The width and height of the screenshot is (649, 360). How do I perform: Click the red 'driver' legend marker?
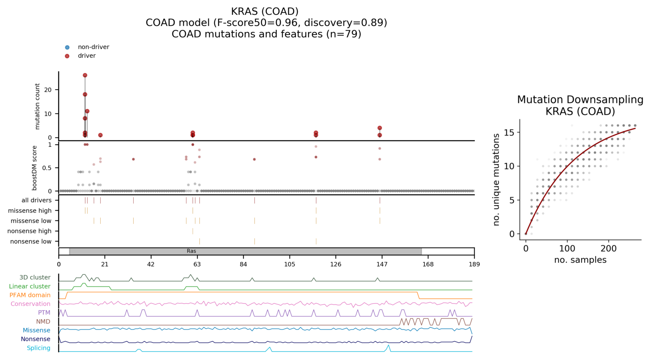pos(67,56)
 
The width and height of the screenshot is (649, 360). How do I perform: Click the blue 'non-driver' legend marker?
pos(67,47)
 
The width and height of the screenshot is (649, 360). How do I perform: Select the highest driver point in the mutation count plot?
pos(85,75)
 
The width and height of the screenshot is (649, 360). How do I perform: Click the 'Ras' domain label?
pos(191,251)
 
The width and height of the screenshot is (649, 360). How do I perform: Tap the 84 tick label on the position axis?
pos(243,265)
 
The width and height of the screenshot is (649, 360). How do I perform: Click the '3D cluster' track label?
pos(35,278)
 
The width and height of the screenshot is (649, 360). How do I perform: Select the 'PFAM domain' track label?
pos(30,295)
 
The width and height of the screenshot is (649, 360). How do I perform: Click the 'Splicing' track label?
pos(39,348)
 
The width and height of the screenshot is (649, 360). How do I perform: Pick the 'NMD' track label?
pos(43,321)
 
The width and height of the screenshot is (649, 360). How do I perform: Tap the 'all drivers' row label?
pos(36,200)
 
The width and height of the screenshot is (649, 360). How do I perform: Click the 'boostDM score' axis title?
pos(35,168)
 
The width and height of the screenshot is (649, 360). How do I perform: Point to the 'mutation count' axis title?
pos(38,106)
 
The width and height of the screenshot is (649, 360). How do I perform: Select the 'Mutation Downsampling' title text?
pos(580,100)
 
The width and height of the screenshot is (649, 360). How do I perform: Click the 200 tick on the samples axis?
pos(608,249)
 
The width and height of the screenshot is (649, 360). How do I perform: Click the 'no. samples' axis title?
pos(580,260)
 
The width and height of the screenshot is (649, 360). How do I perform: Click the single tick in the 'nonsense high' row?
pos(192,231)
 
